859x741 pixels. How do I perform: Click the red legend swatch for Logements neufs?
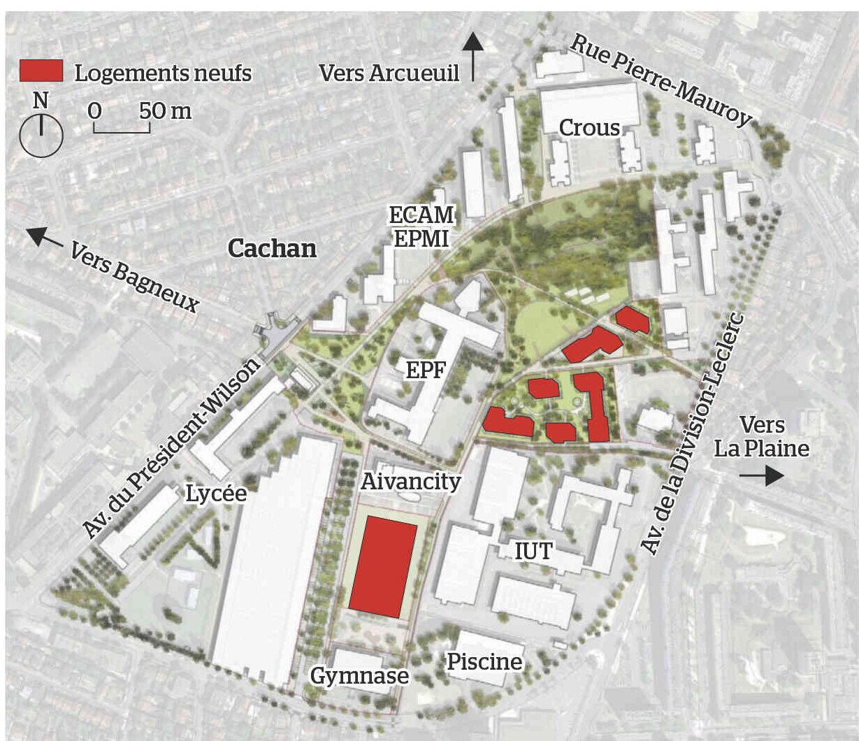click(x=41, y=71)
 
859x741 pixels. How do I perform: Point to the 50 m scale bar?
click(x=121, y=127)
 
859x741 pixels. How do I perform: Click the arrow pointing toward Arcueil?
click(x=474, y=55)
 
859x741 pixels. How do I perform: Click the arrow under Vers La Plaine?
click(x=762, y=476)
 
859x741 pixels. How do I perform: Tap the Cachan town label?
click(x=273, y=248)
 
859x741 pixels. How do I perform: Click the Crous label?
click(x=589, y=128)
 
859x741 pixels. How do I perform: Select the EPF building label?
click(x=426, y=370)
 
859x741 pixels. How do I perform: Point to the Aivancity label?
click(x=411, y=481)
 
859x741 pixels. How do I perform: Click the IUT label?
click(x=533, y=552)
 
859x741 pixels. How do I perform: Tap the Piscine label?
click(x=484, y=661)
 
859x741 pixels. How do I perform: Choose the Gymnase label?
click(x=359, y=676)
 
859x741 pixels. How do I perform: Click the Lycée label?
click(x=216, y=494)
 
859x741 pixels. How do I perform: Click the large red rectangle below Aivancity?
click(x=383, y=567)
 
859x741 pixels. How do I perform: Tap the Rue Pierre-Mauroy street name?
click(x=661, y=80)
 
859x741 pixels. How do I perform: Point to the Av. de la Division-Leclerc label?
click(x=693, y=434)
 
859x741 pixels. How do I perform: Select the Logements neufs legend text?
click(x=163, y=73)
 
